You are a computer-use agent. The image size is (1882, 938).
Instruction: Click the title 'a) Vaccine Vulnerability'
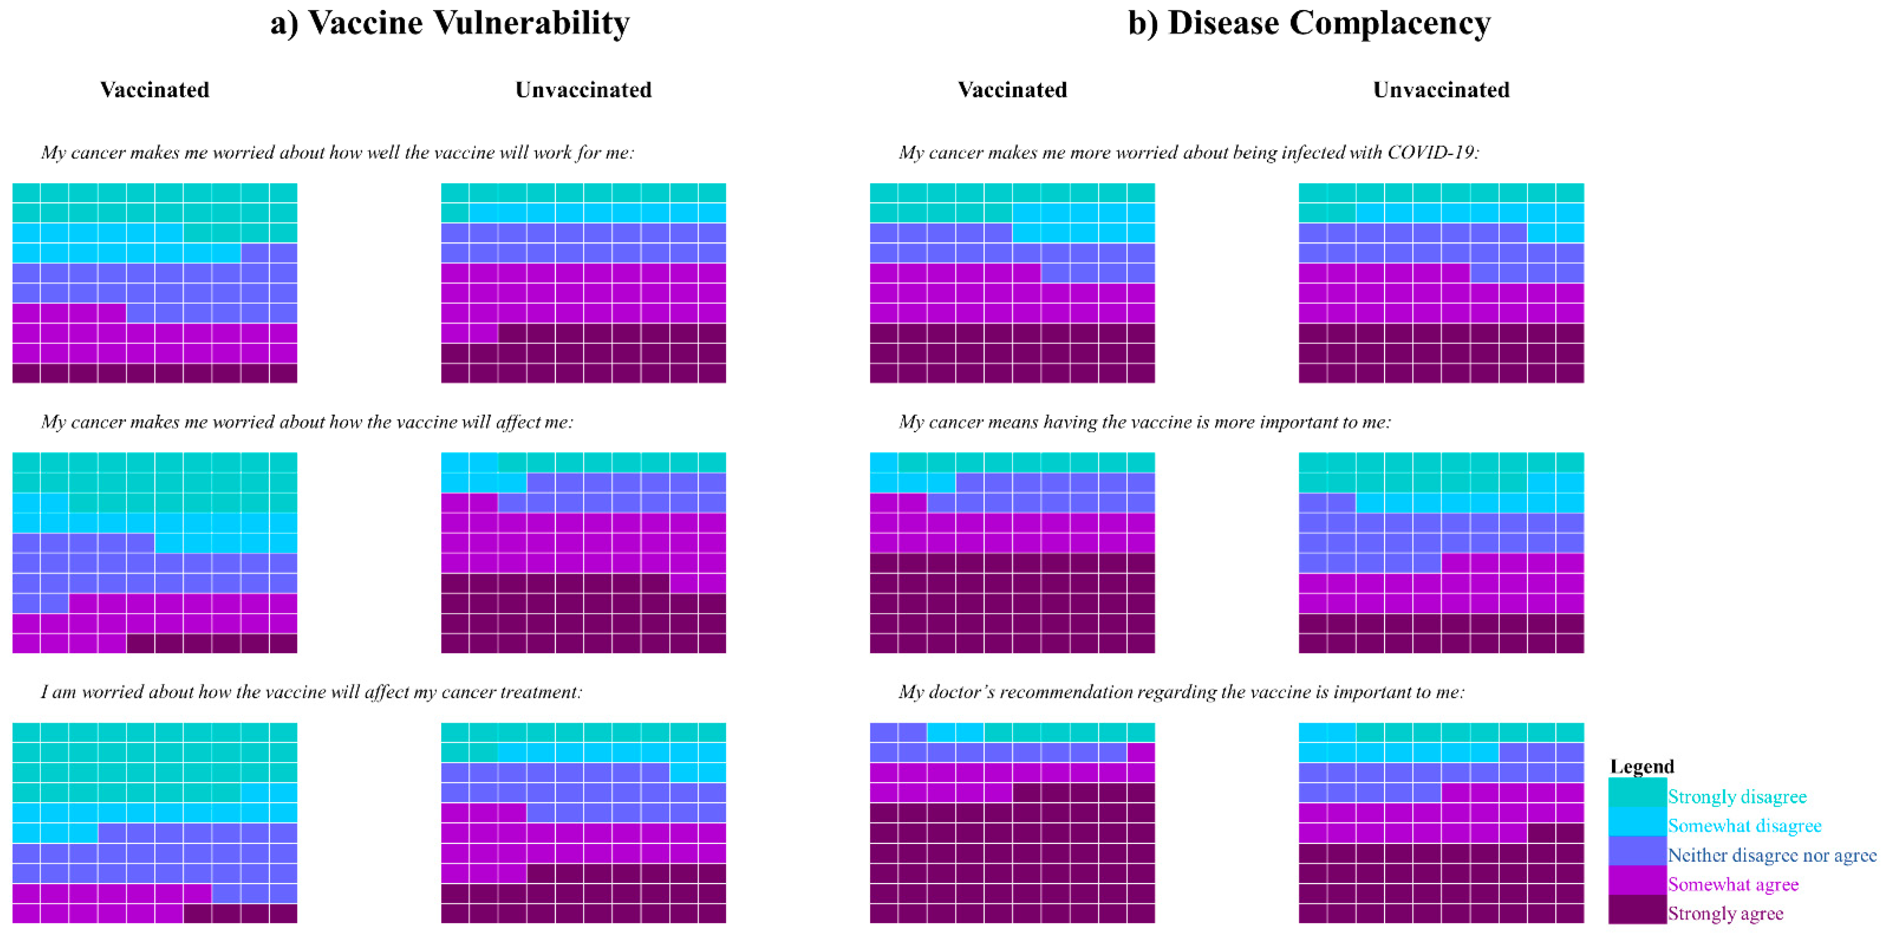[x=449, y=23]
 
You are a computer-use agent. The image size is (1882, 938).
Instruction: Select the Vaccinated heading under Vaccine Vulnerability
[x=155, y=90]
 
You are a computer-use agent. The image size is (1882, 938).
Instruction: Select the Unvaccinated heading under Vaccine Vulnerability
[x=583, y=90]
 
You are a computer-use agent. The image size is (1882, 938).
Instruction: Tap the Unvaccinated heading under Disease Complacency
[x=1441, y=90]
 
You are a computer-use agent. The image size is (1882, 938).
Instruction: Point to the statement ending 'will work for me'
[x=338, y=153]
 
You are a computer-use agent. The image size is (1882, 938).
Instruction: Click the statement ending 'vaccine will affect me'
[x=307, y=422]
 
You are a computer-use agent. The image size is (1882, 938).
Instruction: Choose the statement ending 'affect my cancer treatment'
[x=311, y=692]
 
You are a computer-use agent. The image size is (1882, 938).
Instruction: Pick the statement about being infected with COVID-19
[x=1188, y=153]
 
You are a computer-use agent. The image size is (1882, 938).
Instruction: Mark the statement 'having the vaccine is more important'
[x=1145, y=422]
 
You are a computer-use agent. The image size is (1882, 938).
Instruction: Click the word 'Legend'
[x=1641, y=766]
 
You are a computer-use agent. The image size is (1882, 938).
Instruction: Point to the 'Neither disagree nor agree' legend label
[x=1771, y=855]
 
